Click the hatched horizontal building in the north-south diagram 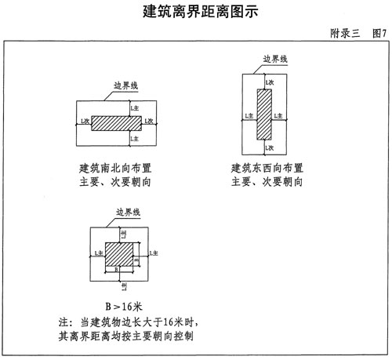click(x=117, y=123)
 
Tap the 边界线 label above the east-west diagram click(x=275, y=60)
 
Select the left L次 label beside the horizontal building click(x=84, y=120)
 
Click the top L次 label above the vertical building click(x=270, y=82)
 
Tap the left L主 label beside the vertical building click(x=249, y=115)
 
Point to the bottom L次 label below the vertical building click(x=270, y=147)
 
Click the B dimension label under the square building click(x=117, y=270)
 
